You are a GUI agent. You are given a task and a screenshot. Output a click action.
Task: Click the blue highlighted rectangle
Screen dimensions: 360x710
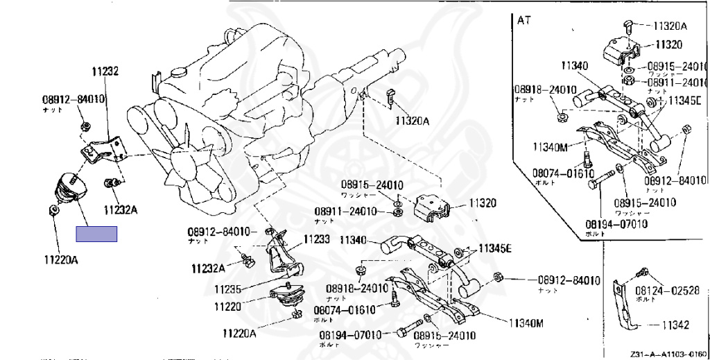pyautogui.click(x=96, y=234)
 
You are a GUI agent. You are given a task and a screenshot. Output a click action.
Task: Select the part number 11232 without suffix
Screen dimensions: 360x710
pyautogui.click(x=105, y=71)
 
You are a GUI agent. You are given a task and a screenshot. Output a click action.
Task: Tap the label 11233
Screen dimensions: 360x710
pyautogui.click(x=318, y=239)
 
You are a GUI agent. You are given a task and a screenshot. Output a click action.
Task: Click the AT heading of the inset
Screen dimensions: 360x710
pyautogui.click(x=523, y=19)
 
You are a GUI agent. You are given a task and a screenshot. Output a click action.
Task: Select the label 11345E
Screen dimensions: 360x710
pyautogui.click(x=492, y=248)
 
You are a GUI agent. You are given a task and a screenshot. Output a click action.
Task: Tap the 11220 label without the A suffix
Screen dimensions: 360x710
pyautogui.click(x=227, y=306)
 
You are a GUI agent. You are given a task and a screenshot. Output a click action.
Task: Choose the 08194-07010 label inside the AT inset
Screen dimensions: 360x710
pyautogui.click(x=616, y=224)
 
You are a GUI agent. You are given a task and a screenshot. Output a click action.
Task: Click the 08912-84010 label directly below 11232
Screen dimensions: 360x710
pyautogui.click(x=73, y=99)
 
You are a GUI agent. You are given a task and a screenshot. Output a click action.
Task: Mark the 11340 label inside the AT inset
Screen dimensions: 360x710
pyautogui.click(x=575, y=66)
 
